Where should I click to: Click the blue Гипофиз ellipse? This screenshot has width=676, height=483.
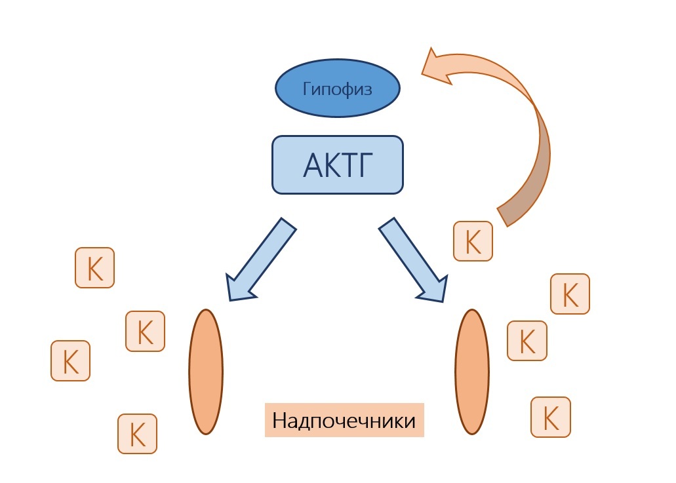[x=337, y=88]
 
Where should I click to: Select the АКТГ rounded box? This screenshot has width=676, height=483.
[x=337, y=164]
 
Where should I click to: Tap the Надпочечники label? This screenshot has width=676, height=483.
[x=344, y=420]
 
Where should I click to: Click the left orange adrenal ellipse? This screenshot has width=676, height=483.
[x=206, y=372]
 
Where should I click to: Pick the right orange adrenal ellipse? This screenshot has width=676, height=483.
[x=472, y=372]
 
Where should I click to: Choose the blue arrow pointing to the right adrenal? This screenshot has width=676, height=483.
[x=413, y=260]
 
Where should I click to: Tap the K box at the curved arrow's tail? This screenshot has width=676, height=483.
[x=473, y=241]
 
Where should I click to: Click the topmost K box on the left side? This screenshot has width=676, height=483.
[x=95, y=267]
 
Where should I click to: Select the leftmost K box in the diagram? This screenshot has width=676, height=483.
[x=70, y=360]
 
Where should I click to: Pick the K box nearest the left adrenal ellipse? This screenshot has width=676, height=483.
[x=145, y=331]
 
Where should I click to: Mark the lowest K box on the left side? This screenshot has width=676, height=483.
[x=137, y=433]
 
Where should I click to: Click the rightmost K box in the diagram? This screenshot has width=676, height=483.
[x=570, y=294]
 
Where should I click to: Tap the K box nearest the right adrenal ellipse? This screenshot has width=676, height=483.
[x=527, y=340]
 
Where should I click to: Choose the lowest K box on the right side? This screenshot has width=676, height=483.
[x=551, y=416]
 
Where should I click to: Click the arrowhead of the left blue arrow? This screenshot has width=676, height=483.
[x=237, y=288]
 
